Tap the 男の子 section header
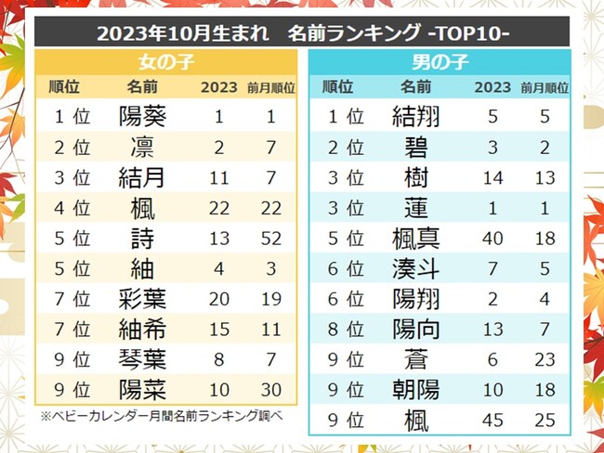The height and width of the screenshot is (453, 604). pyautogui.click(x=439, y=64)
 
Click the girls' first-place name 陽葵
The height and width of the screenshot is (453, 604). pyautogui.click(x=144, y=117)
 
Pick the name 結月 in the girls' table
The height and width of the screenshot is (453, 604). pyautogui.click(x=144, y=176)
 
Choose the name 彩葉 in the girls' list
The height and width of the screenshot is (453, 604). pyautogui.click(x=144, y=298)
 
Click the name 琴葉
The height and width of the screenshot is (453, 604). pyautogui.click(x=144, y=358)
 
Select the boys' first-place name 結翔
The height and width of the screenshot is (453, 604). pyautogui.click(x=416, y=117)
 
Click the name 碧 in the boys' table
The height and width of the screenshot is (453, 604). pyautogui.click(x=416, y=148)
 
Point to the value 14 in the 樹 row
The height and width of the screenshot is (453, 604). pyautogui.click(x=492, y=176)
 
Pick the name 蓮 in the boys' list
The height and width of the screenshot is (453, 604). pyautogui.click(x=416, y=207)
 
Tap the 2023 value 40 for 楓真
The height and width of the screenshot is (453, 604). pyautogui.click(x=492, y=238)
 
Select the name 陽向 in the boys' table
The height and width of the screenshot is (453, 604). pyautogui.click(x=416, y=329)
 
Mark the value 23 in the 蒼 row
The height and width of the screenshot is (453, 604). pyautogui.click(x=545, y=359)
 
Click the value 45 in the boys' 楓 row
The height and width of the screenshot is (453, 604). pyautogui.click(x=492, y=420)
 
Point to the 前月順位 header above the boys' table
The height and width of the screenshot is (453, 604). pyautogui.click(x=545, y=88)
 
